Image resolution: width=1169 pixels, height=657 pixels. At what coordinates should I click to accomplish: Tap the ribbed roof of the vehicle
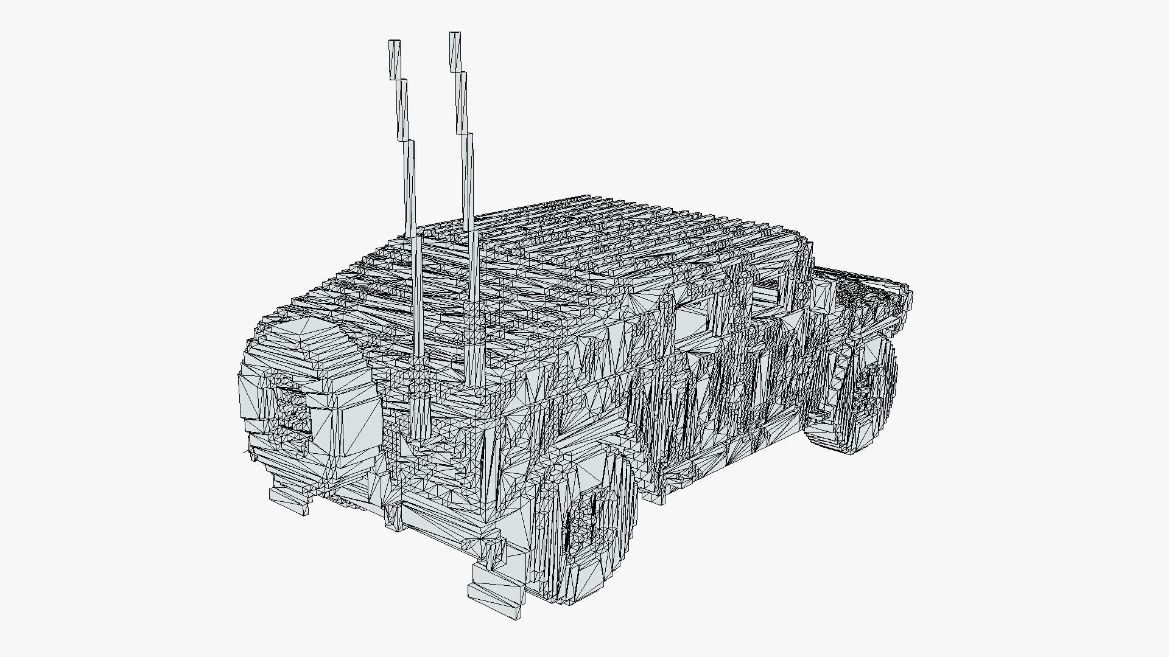pyautogui.click(x=609, y=237)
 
